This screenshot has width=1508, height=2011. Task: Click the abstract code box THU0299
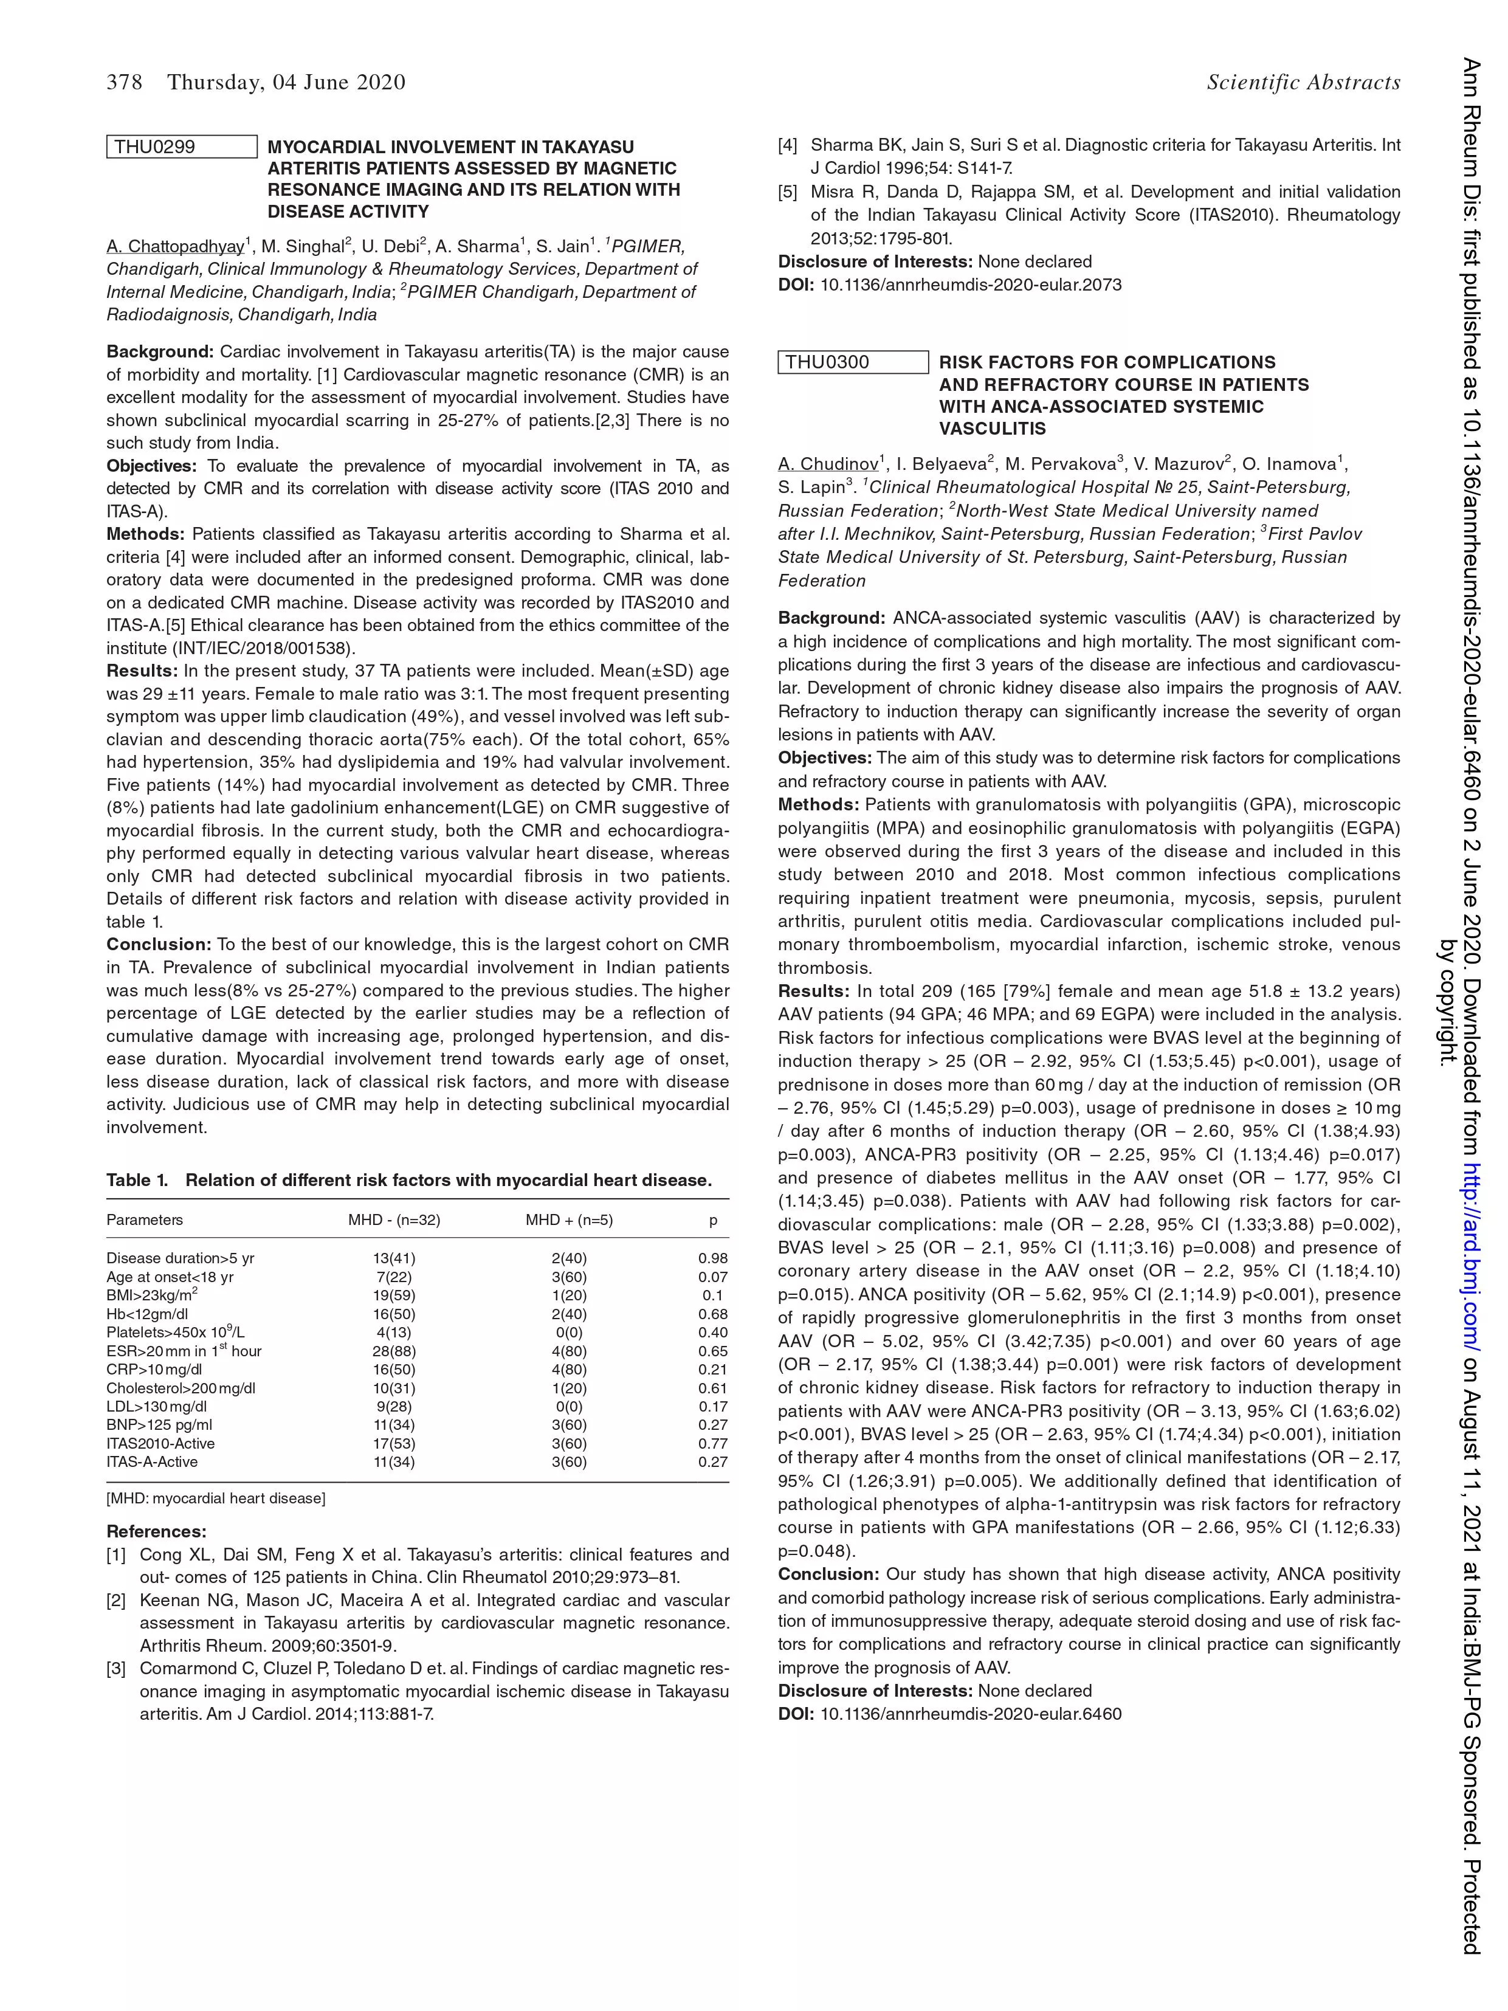(x=182, y=147)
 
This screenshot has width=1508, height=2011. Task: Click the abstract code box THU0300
(x=853, y=362)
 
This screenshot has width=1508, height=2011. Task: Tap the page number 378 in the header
(x=125, y=83)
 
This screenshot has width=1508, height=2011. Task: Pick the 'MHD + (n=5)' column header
(x=569, y=1220)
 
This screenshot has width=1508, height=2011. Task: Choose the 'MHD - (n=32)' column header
(x=394, y=1220)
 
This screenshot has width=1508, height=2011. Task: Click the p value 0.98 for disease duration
(x=712, y=1258)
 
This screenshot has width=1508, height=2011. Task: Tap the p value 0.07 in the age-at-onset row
(x=712, y=1277)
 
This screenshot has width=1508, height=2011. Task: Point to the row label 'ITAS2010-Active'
(x=161, y=1444)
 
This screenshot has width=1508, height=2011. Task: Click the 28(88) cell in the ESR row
(x=394, y=1351)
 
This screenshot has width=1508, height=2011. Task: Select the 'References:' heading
(x=156, y=1532)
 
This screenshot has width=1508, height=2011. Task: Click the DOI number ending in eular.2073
(x=971, y=285)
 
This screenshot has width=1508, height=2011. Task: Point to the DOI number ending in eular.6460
(x=971, y=1714)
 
